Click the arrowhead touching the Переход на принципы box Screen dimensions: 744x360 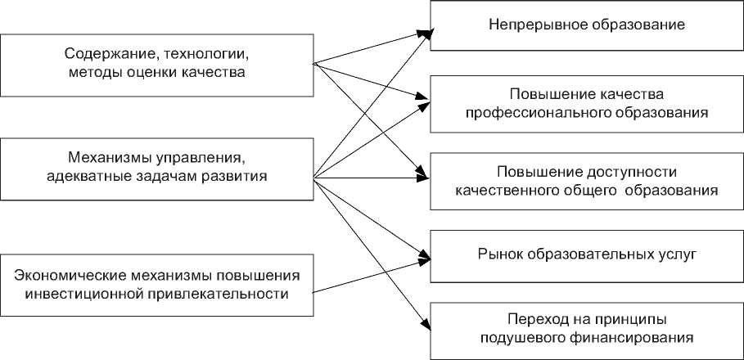click(x=426, y=326)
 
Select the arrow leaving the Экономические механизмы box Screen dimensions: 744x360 click(x=372, y=277)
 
